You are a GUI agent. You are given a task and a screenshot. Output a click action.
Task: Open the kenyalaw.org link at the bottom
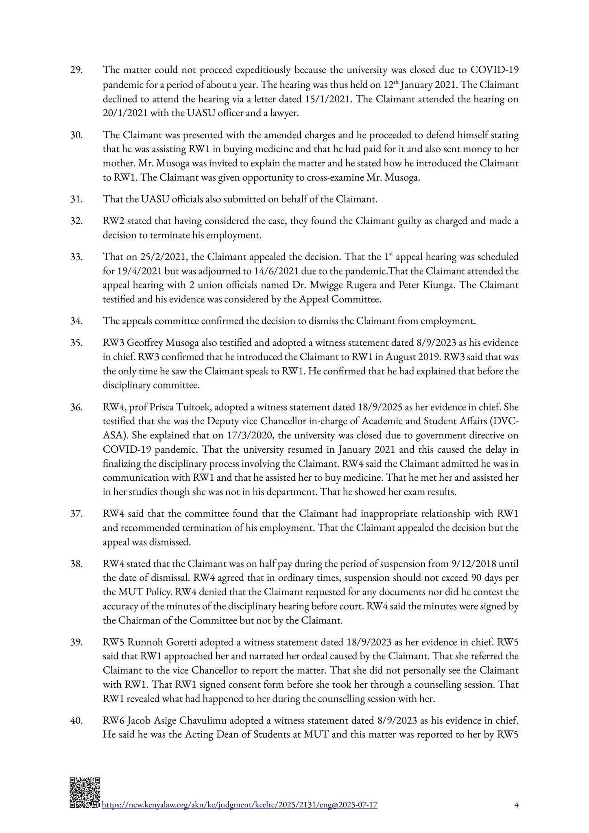tap(239, 805)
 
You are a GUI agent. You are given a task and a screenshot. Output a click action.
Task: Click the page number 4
tap(516, 805)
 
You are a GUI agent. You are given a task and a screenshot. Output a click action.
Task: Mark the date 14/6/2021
tap(237, 271)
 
